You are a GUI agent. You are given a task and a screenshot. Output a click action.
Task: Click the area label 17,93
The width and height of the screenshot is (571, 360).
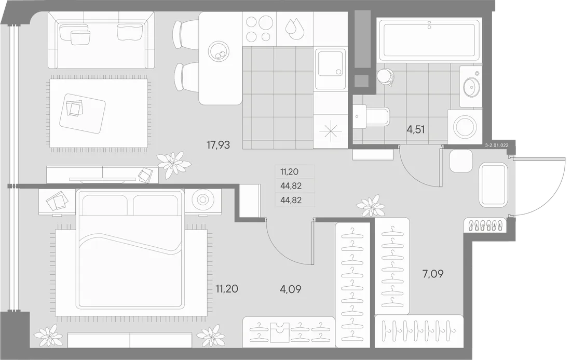pos(218,145)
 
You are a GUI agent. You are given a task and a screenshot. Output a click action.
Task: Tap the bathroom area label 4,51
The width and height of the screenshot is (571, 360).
pos(415,129)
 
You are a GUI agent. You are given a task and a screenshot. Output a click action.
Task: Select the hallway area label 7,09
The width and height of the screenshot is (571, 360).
pos(433,274)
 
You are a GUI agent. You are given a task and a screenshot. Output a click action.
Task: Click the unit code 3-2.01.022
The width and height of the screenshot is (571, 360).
pos(497,145)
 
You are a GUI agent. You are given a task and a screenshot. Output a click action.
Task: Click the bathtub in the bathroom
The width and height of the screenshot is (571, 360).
pos(429,39)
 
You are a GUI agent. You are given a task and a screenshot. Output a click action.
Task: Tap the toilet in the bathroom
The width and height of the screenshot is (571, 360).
pos(371,117)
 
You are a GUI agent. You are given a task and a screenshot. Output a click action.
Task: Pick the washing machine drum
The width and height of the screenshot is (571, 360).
pos(465,126)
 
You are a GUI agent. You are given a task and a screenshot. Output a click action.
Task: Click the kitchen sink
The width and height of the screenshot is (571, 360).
pos(330,69)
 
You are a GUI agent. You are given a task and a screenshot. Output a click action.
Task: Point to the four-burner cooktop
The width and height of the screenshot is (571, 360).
pos(259,29)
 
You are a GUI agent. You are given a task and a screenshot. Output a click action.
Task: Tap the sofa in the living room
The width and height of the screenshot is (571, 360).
pos(101,39)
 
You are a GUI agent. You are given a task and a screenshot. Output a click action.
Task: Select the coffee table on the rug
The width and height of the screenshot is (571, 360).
pos(83,113)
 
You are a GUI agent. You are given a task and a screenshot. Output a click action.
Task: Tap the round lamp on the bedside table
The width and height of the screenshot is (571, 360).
pos(202,199)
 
